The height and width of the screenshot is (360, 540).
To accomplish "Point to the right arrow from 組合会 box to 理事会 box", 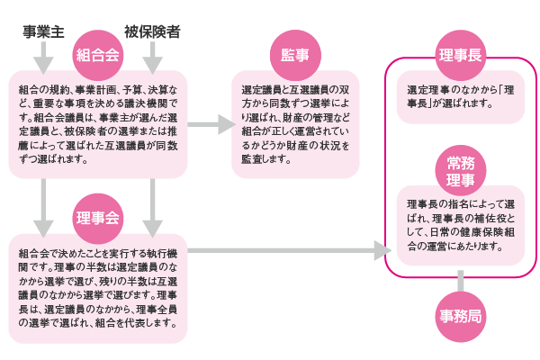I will (153, 206).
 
